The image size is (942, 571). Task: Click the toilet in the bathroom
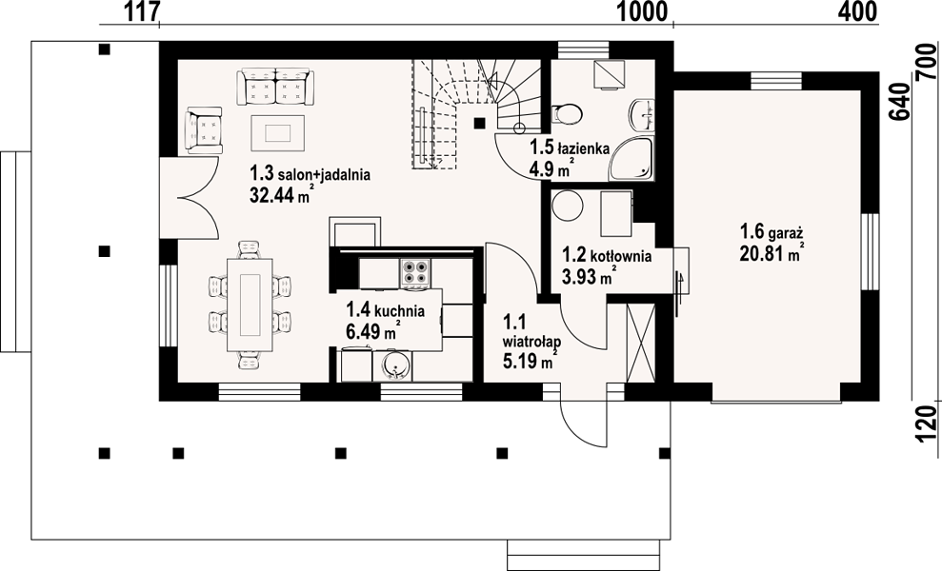click(x=567, y=113)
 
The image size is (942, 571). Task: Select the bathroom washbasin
click(x=642, y=114)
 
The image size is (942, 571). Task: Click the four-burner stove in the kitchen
click(x=415, y=272)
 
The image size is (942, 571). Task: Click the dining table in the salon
click(x=250, y=305)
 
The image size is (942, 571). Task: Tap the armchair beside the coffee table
click(x=204, y=130)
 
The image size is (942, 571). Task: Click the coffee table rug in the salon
click(x=277, y=133)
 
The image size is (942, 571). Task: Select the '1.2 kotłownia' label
click(x=607, y=256)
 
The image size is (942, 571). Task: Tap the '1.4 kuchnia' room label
click(x=385, y=310)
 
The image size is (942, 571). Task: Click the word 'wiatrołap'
click(x=532, y=343)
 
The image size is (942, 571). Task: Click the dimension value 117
click(x=142, y=11)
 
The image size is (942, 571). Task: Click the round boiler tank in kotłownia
click(x=568, y=207)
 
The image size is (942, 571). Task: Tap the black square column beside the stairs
click(x=479, y=123)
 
